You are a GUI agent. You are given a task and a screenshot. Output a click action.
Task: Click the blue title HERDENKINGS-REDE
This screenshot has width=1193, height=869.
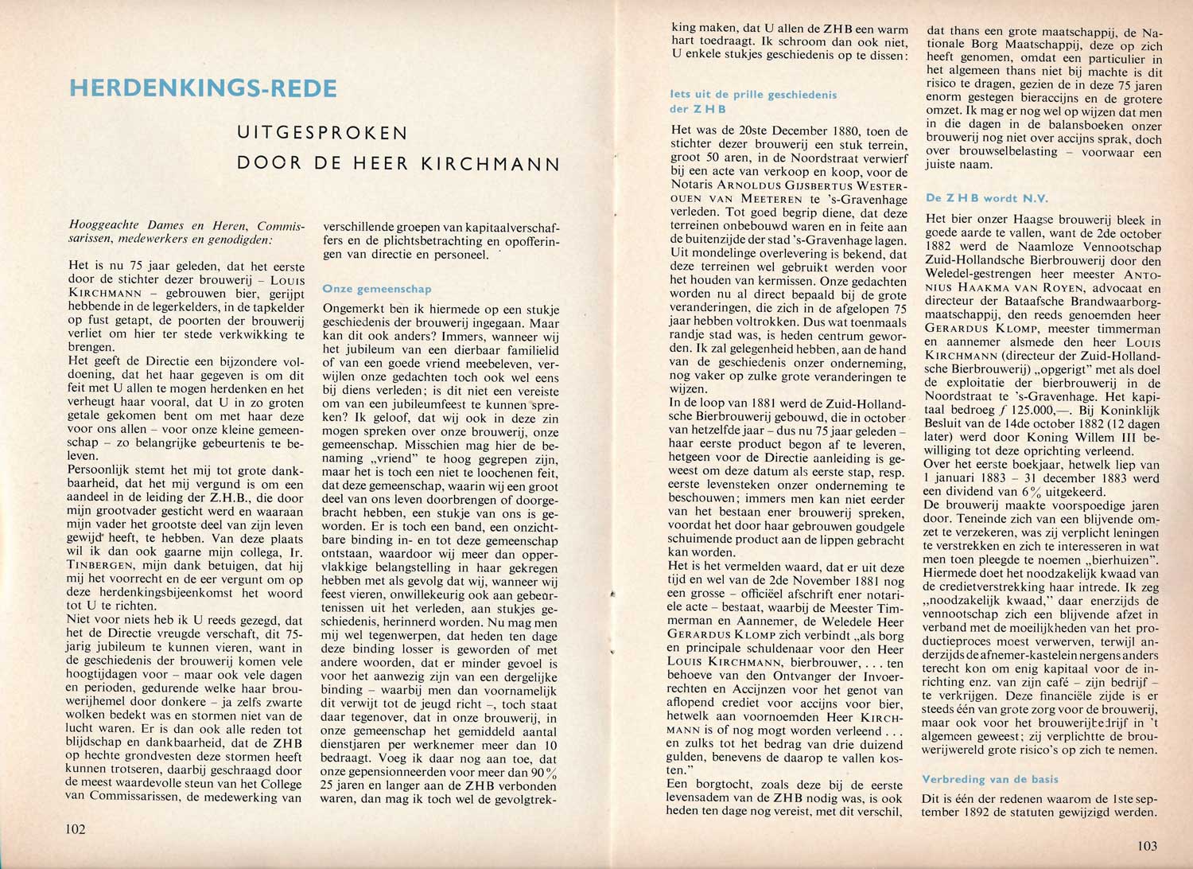(x=203, y=88)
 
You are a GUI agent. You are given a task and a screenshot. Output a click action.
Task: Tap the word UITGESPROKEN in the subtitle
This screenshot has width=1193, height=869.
(x=322, y=133)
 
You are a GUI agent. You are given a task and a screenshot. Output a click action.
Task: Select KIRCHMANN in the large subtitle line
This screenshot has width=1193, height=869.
(x=490, y=164)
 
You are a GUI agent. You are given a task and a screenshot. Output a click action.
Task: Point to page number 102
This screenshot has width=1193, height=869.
(x=76, y=829)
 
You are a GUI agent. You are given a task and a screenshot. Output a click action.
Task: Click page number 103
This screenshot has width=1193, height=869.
(x=1147, y=846)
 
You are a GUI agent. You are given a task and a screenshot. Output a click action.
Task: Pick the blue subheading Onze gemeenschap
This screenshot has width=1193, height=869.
(x=377, y=289)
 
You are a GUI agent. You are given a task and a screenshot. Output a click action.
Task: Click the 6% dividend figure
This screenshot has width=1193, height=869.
(x=1028, y=491)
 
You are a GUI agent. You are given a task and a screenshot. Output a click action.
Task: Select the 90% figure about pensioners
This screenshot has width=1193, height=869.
(x=543, y=773)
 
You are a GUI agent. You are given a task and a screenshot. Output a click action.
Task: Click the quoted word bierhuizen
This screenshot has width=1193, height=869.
(x=1117, y=560)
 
